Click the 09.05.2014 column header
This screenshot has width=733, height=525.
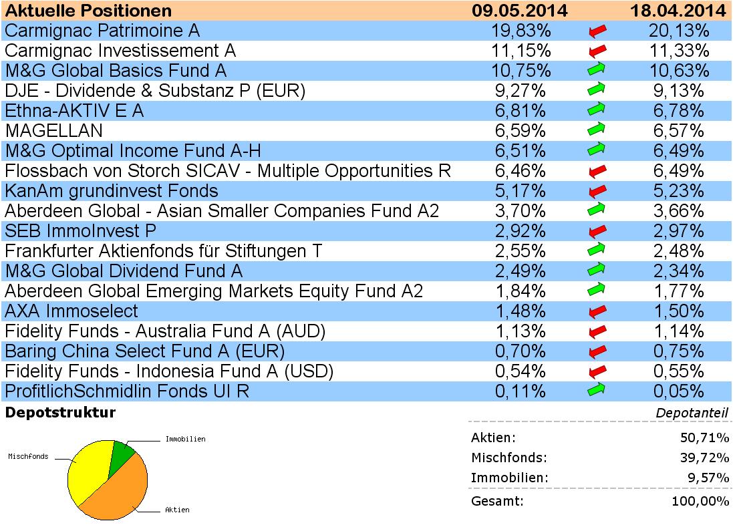pos(519,11)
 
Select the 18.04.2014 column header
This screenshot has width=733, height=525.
pos(678,11)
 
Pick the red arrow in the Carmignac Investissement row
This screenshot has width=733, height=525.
pos(597,51)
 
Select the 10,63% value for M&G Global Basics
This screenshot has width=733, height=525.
pos(678,71)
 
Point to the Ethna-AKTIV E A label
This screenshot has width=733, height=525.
pos(74,111)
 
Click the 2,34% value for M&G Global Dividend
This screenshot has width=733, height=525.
pos(678,271)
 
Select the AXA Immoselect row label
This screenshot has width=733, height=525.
pos(71,311)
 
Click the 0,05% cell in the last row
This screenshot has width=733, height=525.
pos(678,391)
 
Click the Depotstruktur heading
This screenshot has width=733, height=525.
pos(60,413)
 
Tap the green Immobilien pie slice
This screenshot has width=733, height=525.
pos(122,454)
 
